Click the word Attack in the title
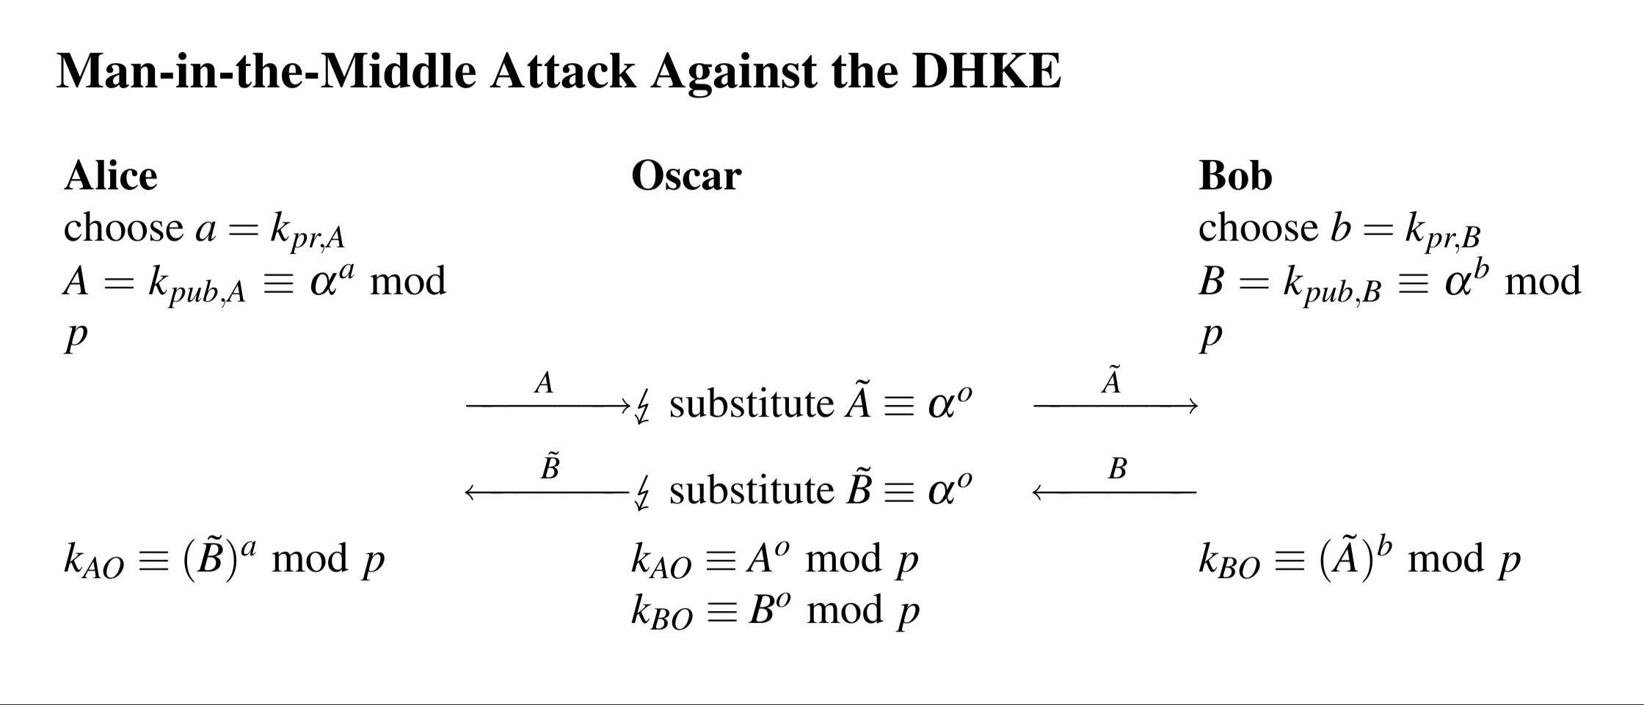tap(563, 72)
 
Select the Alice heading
tap(111, 176)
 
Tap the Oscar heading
tap(686, 176)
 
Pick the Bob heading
tap(1235, 176)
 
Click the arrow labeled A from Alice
tap(547, 404)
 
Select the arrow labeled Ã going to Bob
tap(1115, 404)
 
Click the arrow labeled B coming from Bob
tap(1115, 492)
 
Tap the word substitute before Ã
tap(752, 404)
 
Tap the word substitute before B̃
tap(752, 491)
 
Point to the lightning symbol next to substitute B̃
tap(642, 493)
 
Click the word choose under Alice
tap(123, 228)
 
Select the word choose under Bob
tap(1258, 228)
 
